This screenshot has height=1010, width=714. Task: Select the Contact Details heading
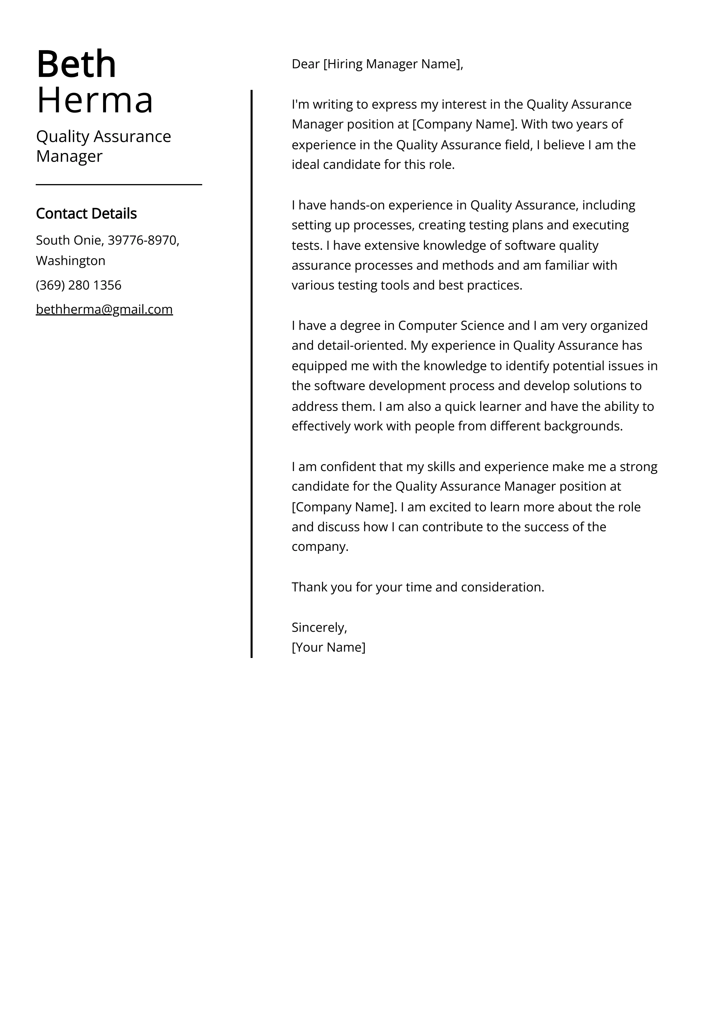(x=86, y=214)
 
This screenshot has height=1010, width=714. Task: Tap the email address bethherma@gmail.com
(x=104, y=310)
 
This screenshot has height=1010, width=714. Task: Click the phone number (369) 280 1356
(x=78, y=285)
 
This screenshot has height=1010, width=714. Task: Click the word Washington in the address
(x=70, y=261)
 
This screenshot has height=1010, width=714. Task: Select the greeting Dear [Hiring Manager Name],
(x=377, y=64)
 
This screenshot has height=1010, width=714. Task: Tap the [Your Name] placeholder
(x=328, y=648)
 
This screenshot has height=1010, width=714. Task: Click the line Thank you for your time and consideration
(x=418, y=587)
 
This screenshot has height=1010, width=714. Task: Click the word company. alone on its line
(x=320, y=547)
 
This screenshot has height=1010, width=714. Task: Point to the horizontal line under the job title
(x=119, y=185)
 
